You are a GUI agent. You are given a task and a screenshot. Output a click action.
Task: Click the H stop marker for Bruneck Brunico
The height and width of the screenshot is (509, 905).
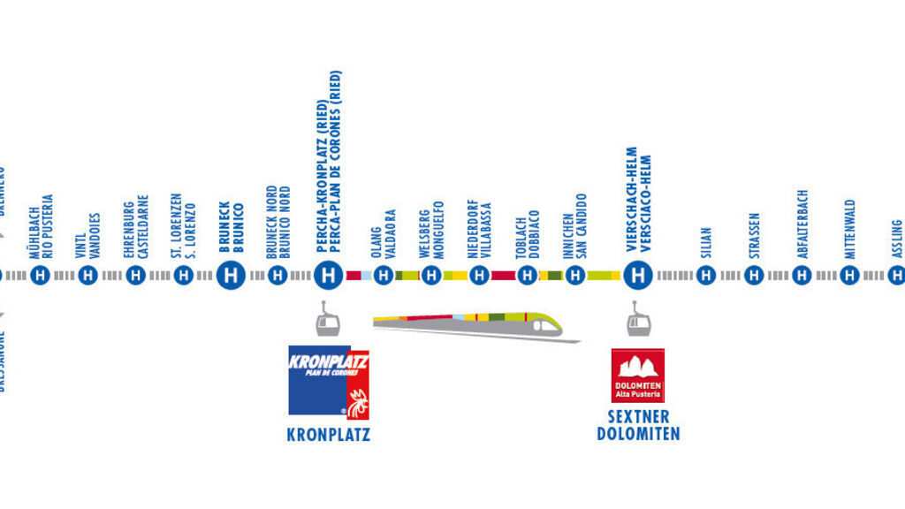click(x=231, y=276)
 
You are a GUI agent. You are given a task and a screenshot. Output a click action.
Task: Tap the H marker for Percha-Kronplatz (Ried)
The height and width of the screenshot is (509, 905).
click(x=328, y=276)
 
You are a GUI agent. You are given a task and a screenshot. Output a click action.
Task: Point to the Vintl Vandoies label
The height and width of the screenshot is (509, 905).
click(x=88, y=234)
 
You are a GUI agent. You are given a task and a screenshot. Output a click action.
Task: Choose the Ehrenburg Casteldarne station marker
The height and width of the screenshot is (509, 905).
click(x=135, y=276)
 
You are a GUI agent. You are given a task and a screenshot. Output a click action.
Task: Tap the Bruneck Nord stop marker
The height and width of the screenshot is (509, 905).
click(x=278, y=276)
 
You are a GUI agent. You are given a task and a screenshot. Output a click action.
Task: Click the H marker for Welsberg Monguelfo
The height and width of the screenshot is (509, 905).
click(x=431, y=276)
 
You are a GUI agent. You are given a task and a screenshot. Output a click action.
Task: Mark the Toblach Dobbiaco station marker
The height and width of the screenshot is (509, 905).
click(x=527, y=276)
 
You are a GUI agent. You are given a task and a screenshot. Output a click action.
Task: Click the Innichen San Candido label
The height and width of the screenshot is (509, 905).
click(x=575, y=226)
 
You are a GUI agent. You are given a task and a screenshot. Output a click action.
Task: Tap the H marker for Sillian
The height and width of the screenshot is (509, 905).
click(x=705, y=276)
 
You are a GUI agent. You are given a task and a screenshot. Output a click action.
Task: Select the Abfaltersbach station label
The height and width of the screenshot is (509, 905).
click(x=802, y=224)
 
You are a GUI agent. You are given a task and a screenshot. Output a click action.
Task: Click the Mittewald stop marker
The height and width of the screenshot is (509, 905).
click(x=849, y=276)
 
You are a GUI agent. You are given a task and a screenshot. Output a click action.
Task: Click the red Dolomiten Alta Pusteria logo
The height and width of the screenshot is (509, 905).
click(x=637, y=375)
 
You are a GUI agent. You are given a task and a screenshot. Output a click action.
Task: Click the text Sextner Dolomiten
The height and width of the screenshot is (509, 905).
click(x=638, y=425)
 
